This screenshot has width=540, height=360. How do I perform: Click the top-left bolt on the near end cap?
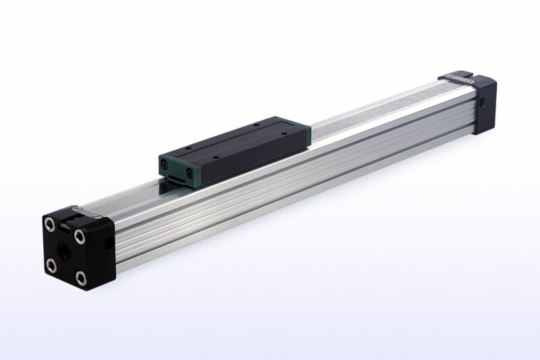click(x=49, y=224)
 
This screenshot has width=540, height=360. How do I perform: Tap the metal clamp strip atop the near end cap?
click(x=87, y=214)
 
